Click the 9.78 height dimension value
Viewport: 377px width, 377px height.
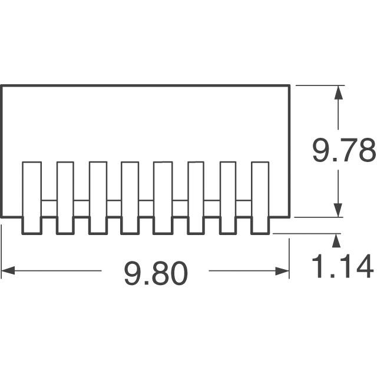(x=344, y=150)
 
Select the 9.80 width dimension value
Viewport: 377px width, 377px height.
(x=156, y=273)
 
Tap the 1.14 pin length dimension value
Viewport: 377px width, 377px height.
(x=342, y=266)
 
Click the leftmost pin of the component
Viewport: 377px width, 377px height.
(x=32, y=198)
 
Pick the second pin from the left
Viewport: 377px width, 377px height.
(x=65, y=198)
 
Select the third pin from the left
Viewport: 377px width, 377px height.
(x=98, y=198)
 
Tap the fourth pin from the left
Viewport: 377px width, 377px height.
(x=130, y=198)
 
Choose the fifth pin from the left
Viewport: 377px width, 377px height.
(x=163, y=198)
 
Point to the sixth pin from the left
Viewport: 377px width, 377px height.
(x=196, y=198)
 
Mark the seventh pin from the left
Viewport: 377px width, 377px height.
(x=228, y=198)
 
